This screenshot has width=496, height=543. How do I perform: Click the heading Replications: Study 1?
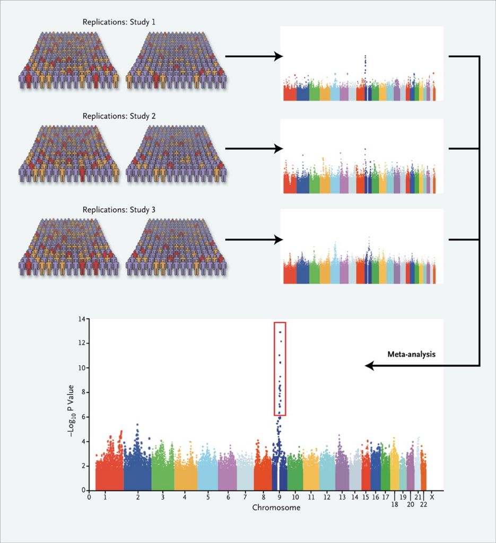[x=119, y=22]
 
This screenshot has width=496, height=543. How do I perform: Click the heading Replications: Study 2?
[x=119, y=116]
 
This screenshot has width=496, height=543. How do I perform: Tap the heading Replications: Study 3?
[x=119, y=210]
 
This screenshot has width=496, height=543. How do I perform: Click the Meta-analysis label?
[x=412, y=354]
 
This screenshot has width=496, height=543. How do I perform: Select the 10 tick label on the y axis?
[x=82, y=368]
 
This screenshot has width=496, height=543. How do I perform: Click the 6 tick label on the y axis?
[x=83, y=417]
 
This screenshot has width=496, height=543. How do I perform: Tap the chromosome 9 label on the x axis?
[x=280, y=497]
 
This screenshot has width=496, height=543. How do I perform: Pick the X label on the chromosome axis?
[x=432, y=497]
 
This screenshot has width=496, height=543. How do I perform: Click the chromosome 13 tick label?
[x=342, y=497]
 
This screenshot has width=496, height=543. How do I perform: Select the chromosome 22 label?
[x=424, y=505]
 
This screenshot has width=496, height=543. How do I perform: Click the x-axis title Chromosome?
[x=276, y=507]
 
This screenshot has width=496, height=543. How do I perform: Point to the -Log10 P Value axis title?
[x=71, y=411]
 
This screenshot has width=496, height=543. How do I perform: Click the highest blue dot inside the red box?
[x=280, y=332]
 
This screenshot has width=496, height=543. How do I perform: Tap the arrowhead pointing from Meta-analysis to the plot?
[x=370, y=365]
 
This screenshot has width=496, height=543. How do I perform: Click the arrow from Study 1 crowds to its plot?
[x=254, y=56]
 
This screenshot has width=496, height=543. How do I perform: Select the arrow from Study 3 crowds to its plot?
[x=254, y=239]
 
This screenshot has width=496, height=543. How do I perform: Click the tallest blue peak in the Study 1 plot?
[x=365, y=56]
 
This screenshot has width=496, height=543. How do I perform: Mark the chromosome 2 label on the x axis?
[x=138, y=497]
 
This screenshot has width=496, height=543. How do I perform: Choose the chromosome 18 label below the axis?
[x=395, y=505]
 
